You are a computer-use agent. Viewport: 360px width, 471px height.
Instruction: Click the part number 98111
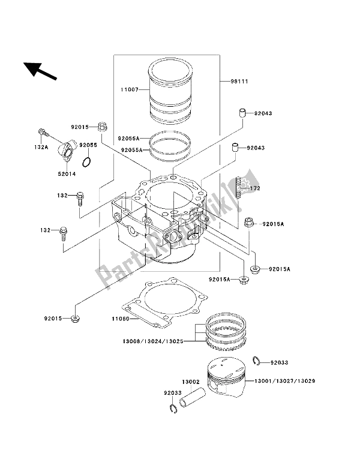pyautogui.click(x=239, y=82)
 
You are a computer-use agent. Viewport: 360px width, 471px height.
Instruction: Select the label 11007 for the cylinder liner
pyautogui.click(x=130, y=89)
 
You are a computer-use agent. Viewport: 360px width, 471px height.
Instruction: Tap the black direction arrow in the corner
pyautogui.click(x=40, y=71)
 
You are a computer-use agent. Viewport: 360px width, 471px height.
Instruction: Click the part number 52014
pyautogui.click(x=67, y=174)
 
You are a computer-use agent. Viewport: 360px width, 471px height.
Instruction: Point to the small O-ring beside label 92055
pyautogui.click(x=86, y=162)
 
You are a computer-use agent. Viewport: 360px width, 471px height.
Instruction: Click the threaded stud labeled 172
pyautogui.click(x=238, y=187)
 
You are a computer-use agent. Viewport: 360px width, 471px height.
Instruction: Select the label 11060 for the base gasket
pyautogui.click(x=121, y=319)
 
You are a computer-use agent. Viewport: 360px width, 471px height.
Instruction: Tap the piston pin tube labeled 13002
pyautogui.click(x=193, y=398)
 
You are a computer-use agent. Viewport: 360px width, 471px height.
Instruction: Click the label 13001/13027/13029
pyautogui.click(x=284, y=381)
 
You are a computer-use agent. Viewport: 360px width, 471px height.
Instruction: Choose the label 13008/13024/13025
pyautogui.click(x=153, y=341)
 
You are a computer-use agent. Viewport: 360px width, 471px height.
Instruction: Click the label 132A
pyautogui.click(x=41, y=148)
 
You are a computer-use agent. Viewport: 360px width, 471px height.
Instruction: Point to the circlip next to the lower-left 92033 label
pyautogui.click(x=172, y=409)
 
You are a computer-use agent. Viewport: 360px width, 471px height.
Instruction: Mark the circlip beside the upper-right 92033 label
pyautogui.click(x=256, y=361)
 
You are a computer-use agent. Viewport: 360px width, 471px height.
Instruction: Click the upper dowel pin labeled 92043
pyautogui.click(x=243, y=114)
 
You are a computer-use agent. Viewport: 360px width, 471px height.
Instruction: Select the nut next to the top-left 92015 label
pyautogui.click(x=103, y=127)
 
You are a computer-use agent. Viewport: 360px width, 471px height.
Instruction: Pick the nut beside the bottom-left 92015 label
pyautogui.click(x=75, y=319)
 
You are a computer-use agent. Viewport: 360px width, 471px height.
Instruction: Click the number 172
pyautogui.click(x=250, y=188)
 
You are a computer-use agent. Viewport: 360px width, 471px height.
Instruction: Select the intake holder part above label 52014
pyautogui.click(x=66, y=152)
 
